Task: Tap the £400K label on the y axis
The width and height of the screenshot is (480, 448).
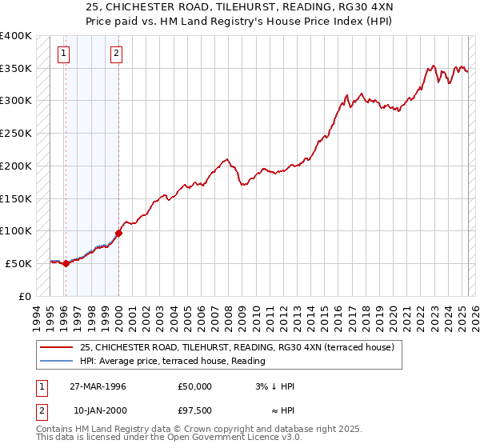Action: coord(16,36)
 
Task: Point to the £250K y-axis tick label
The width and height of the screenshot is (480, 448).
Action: coord(16,134)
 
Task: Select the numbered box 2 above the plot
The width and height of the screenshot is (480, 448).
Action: coord(116,54)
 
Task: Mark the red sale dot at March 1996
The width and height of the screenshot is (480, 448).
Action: coord(66,263)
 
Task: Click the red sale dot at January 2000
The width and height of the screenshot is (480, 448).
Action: coord(118,233)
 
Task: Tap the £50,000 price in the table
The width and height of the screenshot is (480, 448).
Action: coord(195,386)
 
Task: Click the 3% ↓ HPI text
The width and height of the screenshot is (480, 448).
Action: coord(274,386)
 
